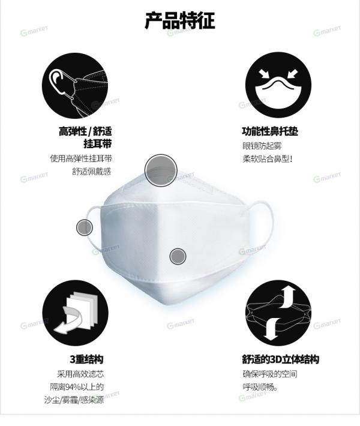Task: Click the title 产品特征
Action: (180, 20)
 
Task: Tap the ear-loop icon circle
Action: (75, 85)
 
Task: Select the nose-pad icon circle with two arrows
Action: (278, 85)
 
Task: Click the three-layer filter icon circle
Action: (75, 313)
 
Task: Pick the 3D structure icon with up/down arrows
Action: (278, 313)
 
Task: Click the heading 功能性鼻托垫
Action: (270, 131)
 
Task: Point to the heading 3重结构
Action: (86, 359)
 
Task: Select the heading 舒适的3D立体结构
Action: (280, 359)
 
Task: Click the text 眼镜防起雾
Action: (262, 146)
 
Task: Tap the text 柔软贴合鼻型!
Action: (268, 158)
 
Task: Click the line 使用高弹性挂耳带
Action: (80, 158)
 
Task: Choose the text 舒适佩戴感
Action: (92, 172)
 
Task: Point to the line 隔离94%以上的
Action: (77, 387)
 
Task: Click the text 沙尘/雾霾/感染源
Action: (74, 400)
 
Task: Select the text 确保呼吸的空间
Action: (270, 374)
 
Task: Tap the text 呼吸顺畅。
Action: (260, 387)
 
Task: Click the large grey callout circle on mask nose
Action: (161, 170)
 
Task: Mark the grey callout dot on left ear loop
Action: (85, 227)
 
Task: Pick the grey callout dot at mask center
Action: (178, 256)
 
